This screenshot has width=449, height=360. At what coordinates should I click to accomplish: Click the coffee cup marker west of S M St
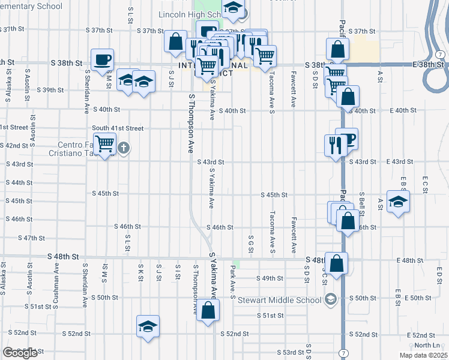[102, 59]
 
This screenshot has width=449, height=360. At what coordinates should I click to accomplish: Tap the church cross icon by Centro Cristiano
[124, 148]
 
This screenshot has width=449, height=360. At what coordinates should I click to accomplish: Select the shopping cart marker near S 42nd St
[104, 143]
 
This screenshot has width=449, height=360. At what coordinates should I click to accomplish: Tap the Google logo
[19, 353]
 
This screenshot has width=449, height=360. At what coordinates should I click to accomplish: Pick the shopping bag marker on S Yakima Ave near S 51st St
[208, 310]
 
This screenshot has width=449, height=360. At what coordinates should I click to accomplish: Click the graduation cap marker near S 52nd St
[148, 326]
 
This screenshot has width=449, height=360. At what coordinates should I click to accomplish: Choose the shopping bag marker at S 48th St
[337, 262]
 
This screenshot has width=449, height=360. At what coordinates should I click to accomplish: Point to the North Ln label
[427, 345]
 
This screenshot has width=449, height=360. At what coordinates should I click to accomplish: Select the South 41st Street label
[118, 128]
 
